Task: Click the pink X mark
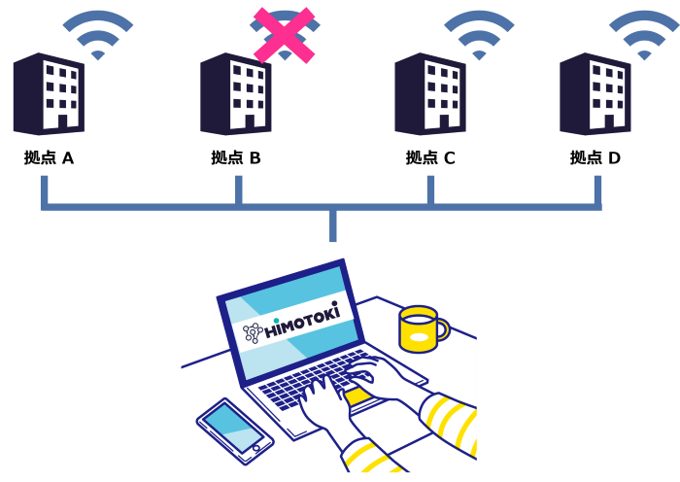tap(284, 36)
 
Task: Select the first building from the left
tap(48, 94)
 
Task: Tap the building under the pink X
tap(235, 94)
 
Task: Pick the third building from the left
tap(429, 94)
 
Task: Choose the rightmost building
tap(595, 94)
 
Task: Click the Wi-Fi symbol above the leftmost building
tap(98, 34)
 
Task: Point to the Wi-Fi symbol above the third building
tap(479, 34)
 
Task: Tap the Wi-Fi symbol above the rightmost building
tap(643, 34)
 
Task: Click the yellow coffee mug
tap(419, 329)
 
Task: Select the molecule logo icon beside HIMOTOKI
tap(252, 333)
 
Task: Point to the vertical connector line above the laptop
tap(333, 226)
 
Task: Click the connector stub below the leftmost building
tap(44, 189)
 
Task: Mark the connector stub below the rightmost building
tap(597, 189)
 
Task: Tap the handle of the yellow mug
tap(443, 329)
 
